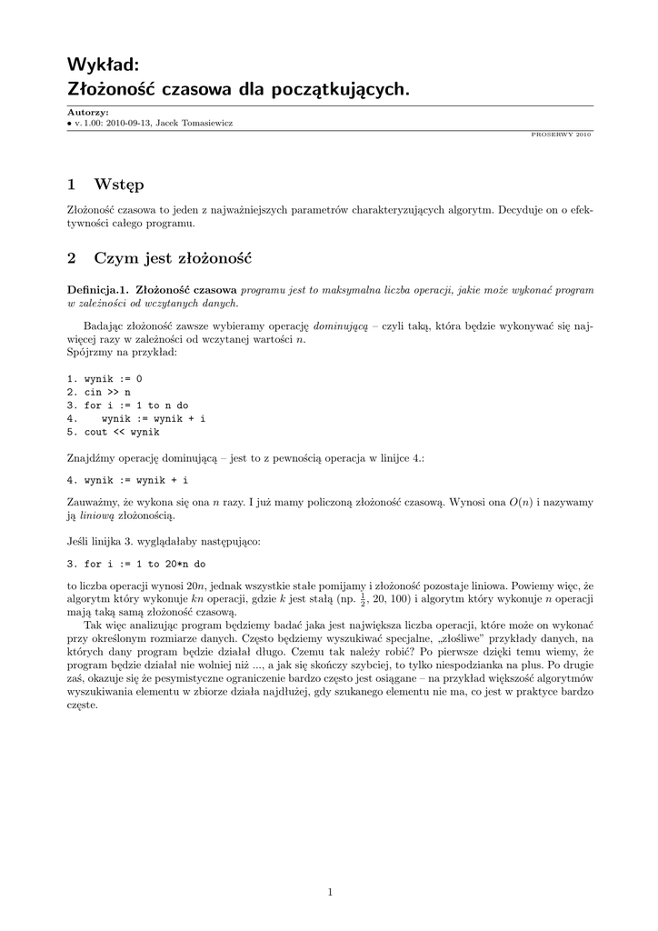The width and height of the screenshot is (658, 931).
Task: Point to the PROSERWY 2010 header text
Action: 561,134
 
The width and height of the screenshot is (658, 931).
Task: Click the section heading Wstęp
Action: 119,185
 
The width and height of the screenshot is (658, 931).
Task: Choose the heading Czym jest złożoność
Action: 173,258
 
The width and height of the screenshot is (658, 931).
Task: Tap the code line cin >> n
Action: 99,392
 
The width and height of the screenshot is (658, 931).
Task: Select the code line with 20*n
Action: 136,564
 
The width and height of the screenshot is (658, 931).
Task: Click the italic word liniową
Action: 95,516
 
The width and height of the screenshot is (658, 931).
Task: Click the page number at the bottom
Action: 330,892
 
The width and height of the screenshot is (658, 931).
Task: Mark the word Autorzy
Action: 87,112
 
